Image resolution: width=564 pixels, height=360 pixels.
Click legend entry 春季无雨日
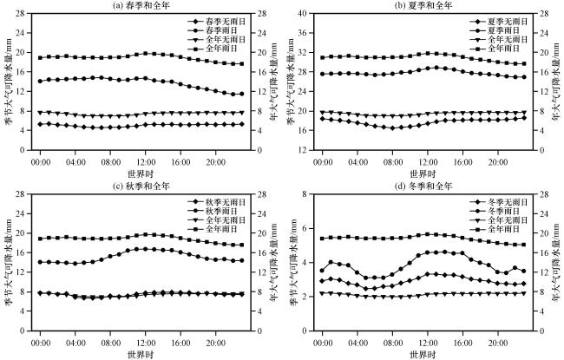pyautogui.click(x=216, y=19)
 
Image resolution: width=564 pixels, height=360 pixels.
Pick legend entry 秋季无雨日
pyautogui.click(x=216, y=201)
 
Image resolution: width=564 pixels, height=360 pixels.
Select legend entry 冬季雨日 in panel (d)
pyautogui.click(x=495, y=211)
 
